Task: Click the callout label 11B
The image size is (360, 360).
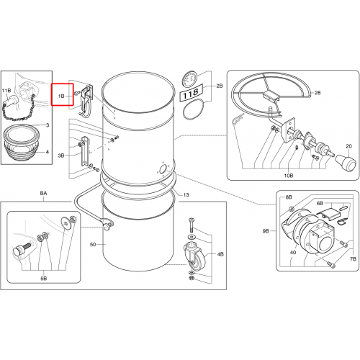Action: point(6,91)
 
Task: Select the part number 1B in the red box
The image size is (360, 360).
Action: point(61,96)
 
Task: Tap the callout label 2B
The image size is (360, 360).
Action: point(220,86)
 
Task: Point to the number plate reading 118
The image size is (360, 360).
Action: point(192,92)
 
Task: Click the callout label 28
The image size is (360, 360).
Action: point(318,93)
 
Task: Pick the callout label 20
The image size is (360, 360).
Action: point(348,146)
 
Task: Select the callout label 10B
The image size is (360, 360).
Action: point(289,176)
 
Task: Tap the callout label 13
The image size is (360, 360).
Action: point(186,195)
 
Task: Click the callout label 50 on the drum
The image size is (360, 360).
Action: point(93,244)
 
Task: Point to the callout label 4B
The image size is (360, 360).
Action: point(220,254)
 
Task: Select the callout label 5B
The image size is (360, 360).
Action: point(44,279)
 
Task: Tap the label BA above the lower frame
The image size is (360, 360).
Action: point(43,193)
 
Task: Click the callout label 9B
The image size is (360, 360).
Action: point(266,231)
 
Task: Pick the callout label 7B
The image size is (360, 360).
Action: point(353,259)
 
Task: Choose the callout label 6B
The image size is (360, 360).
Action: point(320,204)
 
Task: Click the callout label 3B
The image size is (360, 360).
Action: point(61,156)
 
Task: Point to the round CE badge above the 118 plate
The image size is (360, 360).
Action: point(189,78)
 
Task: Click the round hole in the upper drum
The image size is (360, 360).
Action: point(163,169)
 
